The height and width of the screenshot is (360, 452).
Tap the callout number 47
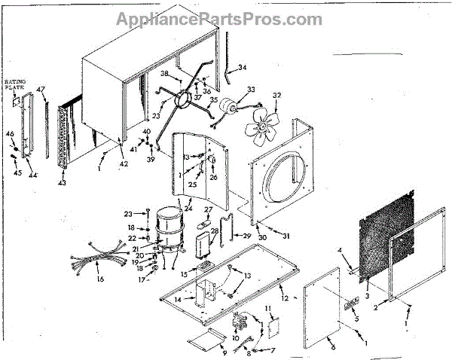(x=41, y=90)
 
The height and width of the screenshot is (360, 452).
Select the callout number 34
(x=242, y=68)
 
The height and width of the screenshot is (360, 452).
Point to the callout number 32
(x=276, y=96)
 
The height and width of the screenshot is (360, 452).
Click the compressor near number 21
(x=166, y=224)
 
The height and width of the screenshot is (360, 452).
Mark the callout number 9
(x=223, y=351)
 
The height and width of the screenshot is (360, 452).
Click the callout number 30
(x=261, y=237)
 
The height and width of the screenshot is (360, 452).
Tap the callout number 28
(x=215, y=232)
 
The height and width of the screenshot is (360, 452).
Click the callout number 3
(x=367, y=297)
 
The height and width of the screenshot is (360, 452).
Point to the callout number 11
(x=267, y=310)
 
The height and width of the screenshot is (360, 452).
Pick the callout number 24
(x=188, y=208)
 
